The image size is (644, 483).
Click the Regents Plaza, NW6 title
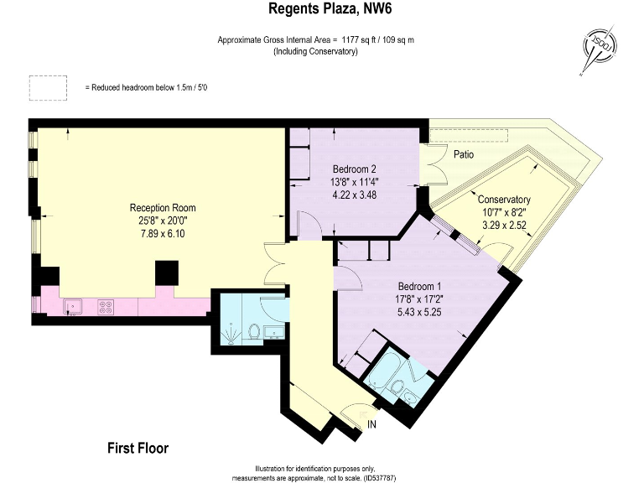[x=330, y=8]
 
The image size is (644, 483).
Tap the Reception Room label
[x=163, y=208]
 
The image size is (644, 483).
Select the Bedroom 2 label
[x=354, y=169]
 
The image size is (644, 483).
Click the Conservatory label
[x=504, y=200]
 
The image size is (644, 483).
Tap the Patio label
[x=464, y=154]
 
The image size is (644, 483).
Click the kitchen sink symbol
[x=73, y=307]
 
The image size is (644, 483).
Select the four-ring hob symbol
[x=106, y=307]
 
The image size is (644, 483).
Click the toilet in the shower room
[x=254, y=331]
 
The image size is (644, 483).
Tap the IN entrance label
[x=371, y=424]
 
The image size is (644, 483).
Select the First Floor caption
[x=138, y=448]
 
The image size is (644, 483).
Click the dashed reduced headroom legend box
[x=48, y=88]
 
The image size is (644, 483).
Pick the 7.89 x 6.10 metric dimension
[x=163, y=234]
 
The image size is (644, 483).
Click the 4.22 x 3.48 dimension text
[x=354, y=195]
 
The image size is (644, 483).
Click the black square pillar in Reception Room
[x=167, y=273]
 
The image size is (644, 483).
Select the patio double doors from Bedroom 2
[x=434, y=164]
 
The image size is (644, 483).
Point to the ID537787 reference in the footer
[x=378, y=478]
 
